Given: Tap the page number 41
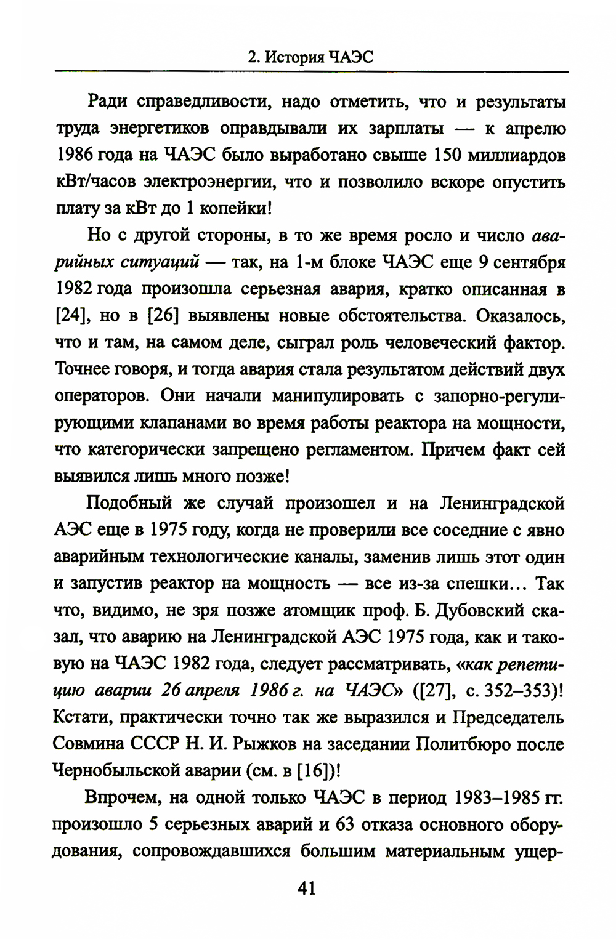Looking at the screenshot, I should coord(306,889).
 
